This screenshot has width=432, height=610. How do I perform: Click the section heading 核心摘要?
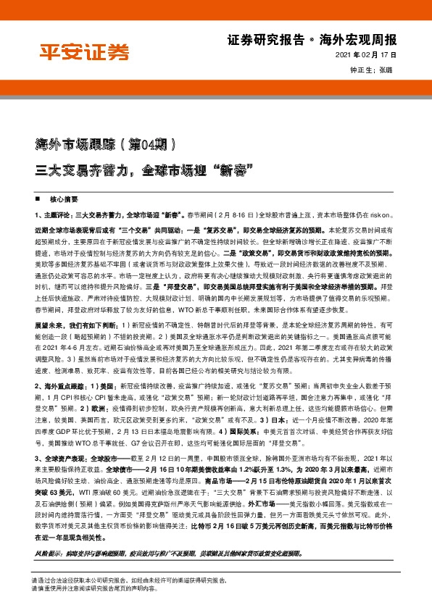63,198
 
